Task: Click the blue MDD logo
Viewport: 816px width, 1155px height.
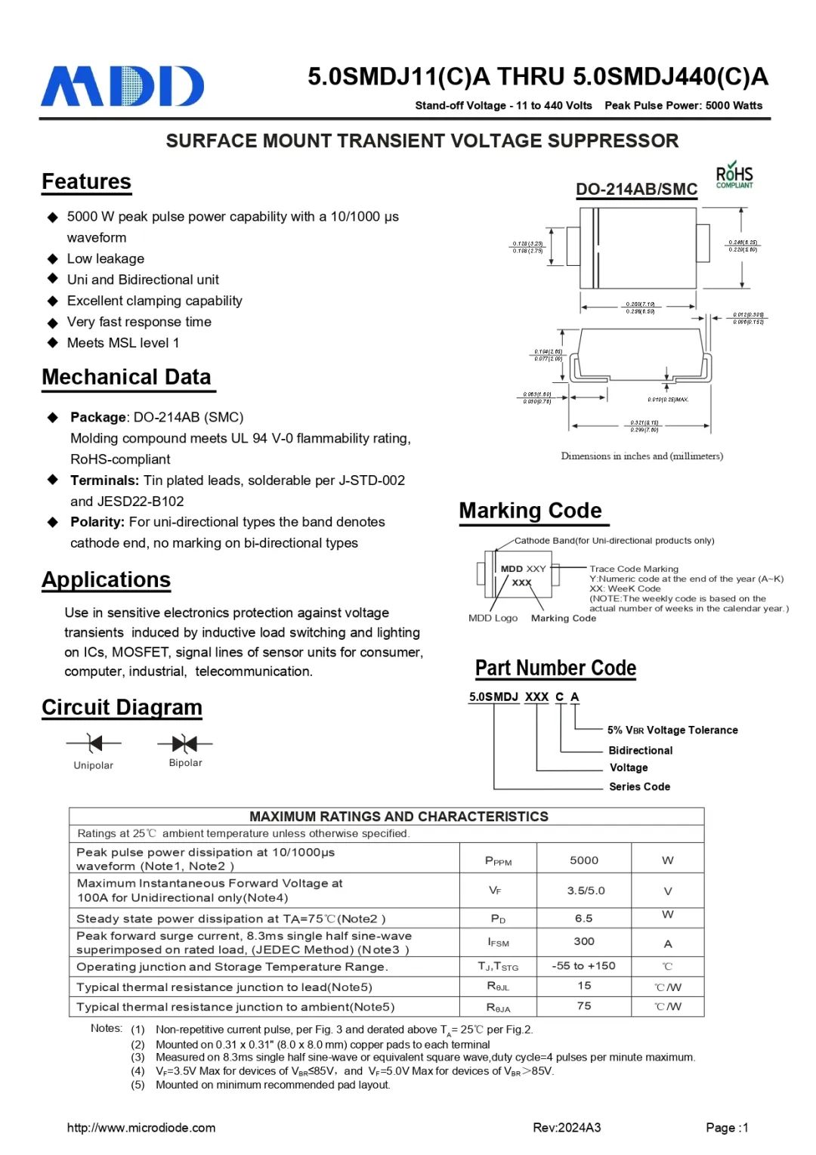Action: (122, 86)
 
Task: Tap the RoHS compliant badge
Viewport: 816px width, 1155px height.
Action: (734, 175)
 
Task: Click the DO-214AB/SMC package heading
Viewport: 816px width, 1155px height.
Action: (636, 190)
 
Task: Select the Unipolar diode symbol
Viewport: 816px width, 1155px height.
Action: (94, 743)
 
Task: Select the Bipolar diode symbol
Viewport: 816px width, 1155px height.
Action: (184, 743)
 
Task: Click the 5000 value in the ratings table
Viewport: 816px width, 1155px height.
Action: (583, 860)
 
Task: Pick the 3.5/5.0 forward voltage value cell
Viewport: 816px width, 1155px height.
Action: (586, 891)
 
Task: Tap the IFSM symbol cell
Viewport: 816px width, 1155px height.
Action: (498, 942)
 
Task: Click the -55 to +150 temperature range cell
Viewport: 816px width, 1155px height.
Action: (583, 966)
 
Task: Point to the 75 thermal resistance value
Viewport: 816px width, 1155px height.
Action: (583, 1006)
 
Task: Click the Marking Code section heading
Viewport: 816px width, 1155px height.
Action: (530, 511)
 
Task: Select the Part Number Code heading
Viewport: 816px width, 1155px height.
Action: (555, 669)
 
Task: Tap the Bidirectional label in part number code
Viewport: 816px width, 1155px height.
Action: (640, 750)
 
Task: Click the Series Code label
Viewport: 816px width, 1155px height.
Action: (639, 786)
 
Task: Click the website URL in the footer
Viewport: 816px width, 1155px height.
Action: (141, 1128)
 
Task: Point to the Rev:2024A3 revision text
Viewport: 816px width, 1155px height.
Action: (567, 1128)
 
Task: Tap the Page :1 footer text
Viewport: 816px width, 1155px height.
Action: (727, 1128)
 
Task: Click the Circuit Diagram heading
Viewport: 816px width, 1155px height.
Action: (122, 708)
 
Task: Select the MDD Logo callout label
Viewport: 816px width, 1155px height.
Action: (493, 618)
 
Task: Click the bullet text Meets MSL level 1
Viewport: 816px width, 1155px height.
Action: (123, 343)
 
